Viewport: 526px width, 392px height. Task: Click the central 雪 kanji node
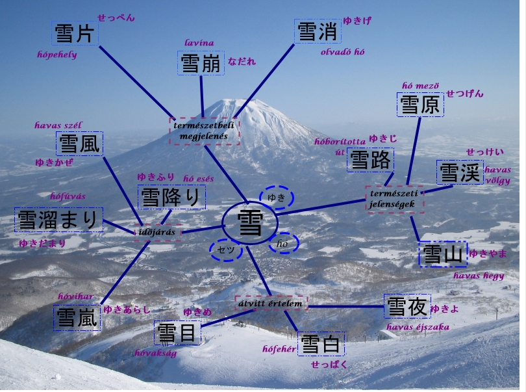[x=250, y=223]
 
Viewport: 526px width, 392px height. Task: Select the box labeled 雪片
[x=75, y=33]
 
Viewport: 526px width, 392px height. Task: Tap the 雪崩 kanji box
[x=201, y=64]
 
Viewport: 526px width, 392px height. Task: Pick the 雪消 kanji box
[x=317, y=31]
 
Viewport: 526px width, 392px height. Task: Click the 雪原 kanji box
[x=420, y=104]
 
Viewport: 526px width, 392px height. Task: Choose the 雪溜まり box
[x=59, y=220]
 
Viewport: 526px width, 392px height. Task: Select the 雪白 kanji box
[x=321, y=344]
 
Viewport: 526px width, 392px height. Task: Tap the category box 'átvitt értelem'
[x=271, y=303]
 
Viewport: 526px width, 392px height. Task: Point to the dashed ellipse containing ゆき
[x=277, y=198]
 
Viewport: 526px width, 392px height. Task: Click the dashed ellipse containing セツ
[x=226, y=250]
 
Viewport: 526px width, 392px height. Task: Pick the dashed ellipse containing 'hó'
[x=283, y=243]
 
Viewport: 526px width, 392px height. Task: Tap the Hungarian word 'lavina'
[x=199, y=43]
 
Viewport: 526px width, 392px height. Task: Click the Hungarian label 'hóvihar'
[x=76, y=297]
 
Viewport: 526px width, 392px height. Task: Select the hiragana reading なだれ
[x=242, y=62]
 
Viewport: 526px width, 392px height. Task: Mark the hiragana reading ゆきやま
[x=488, y=254]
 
